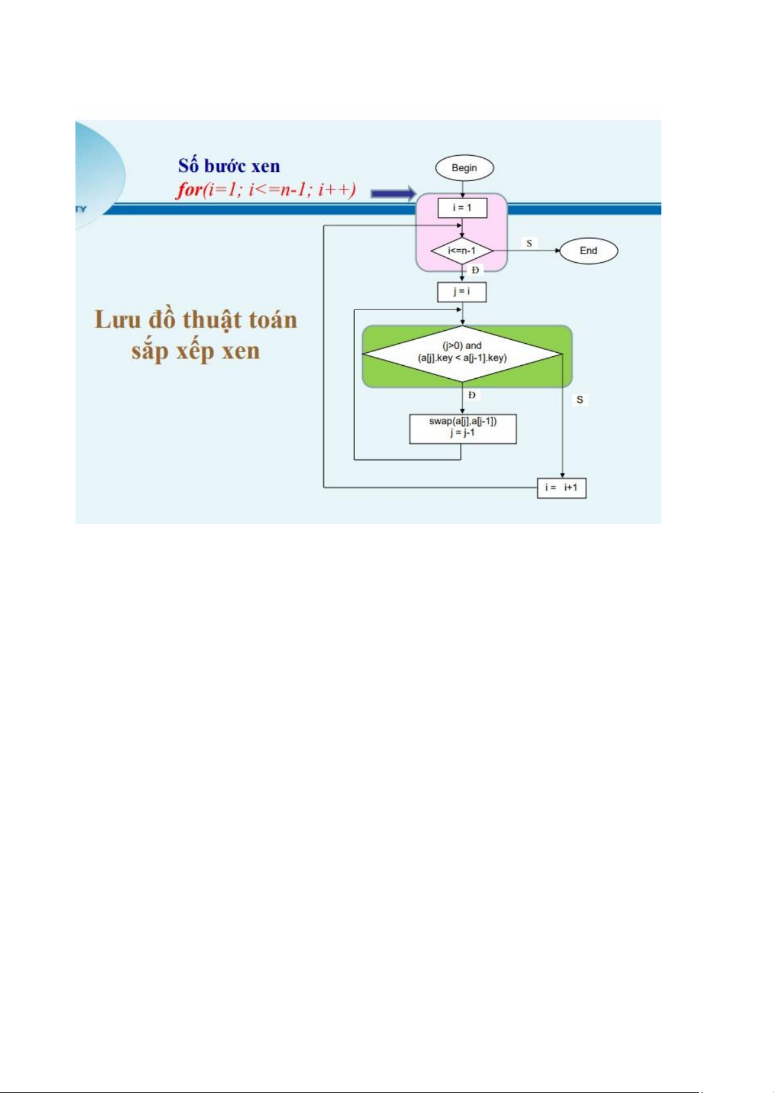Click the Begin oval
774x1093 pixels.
tap(464, 168)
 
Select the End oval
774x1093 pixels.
tap(588, 251)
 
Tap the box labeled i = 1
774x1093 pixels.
tap(462, 208)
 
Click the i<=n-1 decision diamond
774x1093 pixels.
tap(462, 251)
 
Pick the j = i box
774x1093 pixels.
tap(462, 292)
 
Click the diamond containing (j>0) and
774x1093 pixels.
tap(462, 354)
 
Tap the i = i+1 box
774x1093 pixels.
tap(562, 487)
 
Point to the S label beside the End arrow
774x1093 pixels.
tap(529, 243)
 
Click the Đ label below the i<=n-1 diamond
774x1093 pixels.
tap(475, 270)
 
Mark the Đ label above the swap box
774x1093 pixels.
tap(472, 395)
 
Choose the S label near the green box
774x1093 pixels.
tap(580, 400)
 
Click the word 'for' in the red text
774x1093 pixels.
tap(189, 190)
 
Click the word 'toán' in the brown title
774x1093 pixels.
tap(272, 320)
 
